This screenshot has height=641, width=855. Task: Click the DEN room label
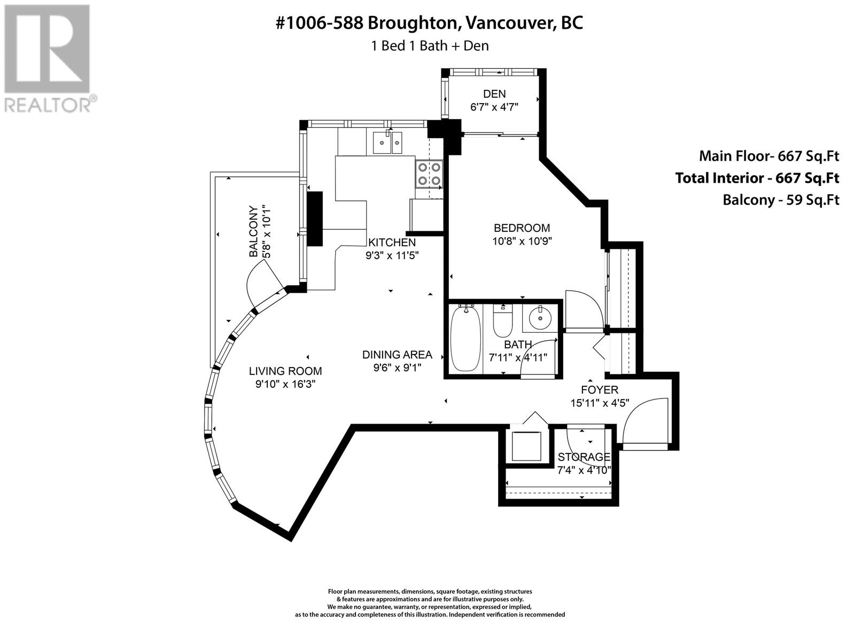(x=494, y=94)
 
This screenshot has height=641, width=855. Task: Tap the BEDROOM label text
(x=522, y=228)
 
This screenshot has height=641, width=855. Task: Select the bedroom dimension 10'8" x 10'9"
(x=522, y=241)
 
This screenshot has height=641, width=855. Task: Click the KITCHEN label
(x=392, y=243)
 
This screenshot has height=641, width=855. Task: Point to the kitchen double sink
(x=387, y=143)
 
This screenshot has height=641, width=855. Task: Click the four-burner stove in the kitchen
(x=429, y=174)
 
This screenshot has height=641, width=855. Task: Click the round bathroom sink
(x=540, y=318)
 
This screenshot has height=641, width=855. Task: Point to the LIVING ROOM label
(x=285, y=371)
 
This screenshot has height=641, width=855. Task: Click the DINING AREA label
(x=398, y=355)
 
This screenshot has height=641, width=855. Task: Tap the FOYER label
(x=600, y=389)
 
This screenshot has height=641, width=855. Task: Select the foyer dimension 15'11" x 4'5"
(x=600, y=403)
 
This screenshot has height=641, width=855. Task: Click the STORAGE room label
(x=584, y=457)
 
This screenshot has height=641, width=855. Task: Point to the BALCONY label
(x=254, y=231)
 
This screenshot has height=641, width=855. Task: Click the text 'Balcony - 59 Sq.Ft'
(x=781, y=200)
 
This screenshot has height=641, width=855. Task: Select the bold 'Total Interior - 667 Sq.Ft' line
(x=757, y=178)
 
